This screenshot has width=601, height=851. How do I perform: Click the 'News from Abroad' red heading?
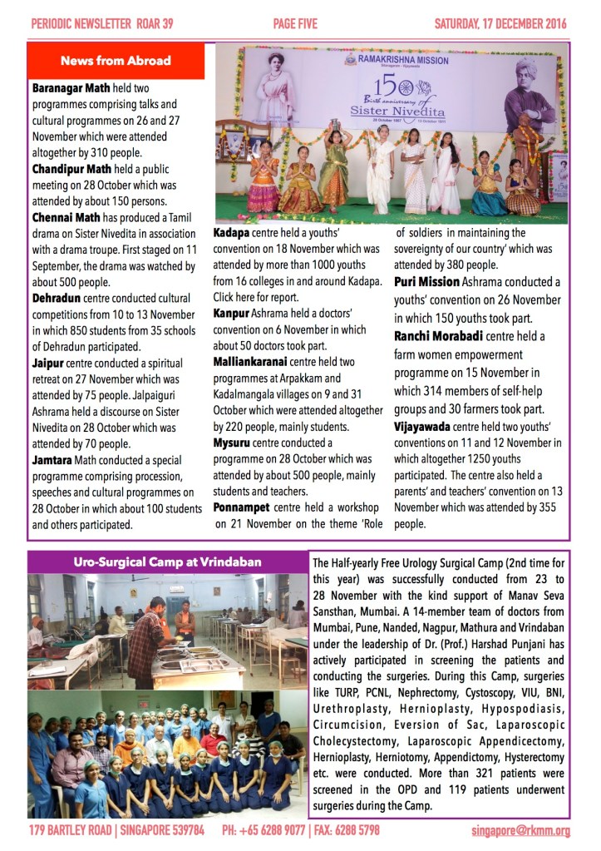tap(116, 61)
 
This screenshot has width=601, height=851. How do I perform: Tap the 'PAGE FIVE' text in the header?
tap(295, 24)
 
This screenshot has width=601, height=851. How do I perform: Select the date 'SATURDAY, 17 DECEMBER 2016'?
tap(500, 24)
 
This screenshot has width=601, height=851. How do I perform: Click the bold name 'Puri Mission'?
tap(426, 282)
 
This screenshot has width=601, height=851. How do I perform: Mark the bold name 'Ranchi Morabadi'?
tap(446, 336)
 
